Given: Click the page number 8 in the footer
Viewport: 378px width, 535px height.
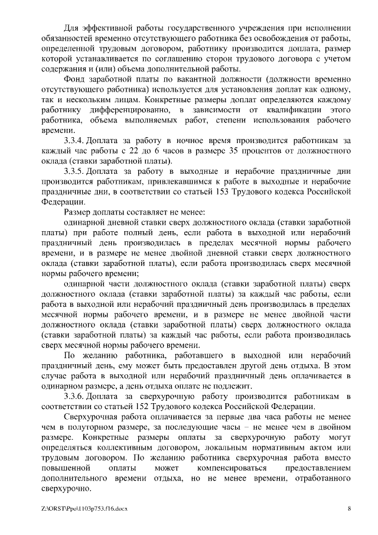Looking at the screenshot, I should tap(349, 509).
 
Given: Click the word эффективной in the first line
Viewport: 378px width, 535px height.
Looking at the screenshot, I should tap(111, 28).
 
